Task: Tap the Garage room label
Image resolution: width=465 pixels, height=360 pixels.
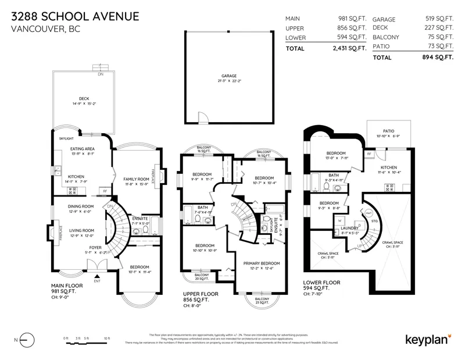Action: tap(228, 76)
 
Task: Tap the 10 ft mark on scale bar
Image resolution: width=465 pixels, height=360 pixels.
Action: tap(107, 338)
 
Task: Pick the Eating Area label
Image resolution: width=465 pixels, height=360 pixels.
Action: tap(82, 149)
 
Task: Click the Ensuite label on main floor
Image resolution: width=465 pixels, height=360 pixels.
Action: tap(140, 218)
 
